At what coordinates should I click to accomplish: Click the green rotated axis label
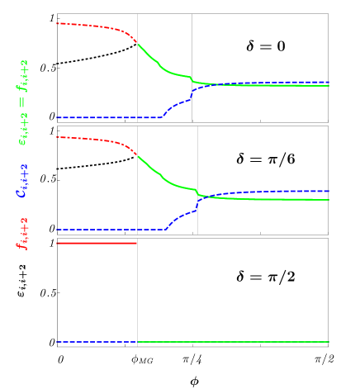(x=23, y=102)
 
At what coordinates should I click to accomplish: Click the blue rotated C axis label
(x=23, y=180)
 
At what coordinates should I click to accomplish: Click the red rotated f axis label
(x=23, y=234)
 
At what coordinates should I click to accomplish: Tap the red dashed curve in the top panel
(x=91, y=26)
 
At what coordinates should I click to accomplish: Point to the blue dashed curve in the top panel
(x=107, y=117)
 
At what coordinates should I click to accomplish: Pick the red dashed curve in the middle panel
(x=91, y=139)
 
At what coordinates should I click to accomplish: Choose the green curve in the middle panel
(x=165, y=179)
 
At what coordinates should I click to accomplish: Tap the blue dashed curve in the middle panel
(x=107, y=230)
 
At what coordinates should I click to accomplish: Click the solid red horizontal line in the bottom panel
(x=95, y=243)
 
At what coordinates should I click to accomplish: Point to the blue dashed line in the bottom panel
(x=95, y=342)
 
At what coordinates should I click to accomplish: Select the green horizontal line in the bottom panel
(x=231, y=342)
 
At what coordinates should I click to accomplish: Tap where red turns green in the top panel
(x=137, y=44)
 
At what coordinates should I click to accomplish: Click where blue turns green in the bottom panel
(x=137, y=342)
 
